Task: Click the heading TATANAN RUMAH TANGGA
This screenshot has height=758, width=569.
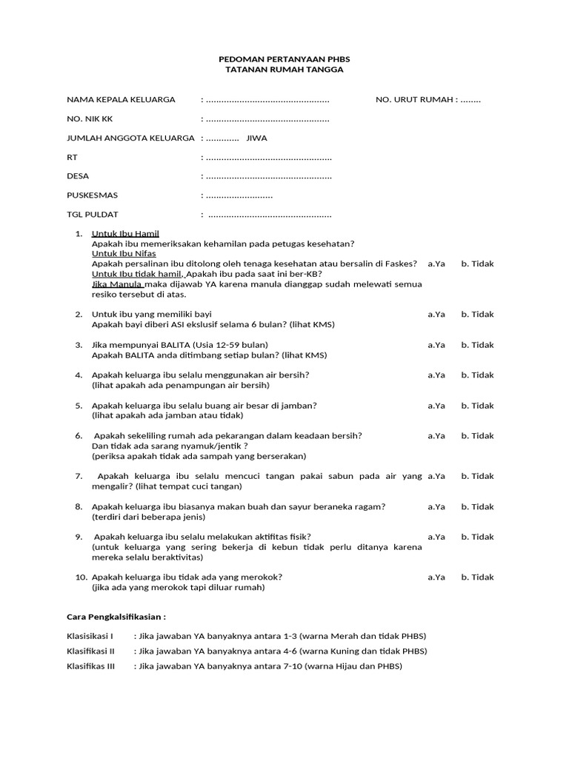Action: (284, 69)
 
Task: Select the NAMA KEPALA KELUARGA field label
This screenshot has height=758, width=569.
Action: (121, 99)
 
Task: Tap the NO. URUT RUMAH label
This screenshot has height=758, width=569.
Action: (416, 99)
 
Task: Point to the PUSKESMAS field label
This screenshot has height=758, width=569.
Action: (92, 195)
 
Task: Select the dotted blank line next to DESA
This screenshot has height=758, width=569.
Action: (268, 176)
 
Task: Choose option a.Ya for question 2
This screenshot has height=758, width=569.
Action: (436, 314)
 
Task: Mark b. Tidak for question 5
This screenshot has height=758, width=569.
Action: (477, 405)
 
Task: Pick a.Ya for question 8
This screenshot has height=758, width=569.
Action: (436, 506)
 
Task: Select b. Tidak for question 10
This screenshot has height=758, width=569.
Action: (477, 577)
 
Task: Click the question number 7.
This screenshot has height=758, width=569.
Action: (79, 476)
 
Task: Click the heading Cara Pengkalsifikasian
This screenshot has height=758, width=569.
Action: (116, 616)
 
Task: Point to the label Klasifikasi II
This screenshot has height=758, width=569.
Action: (90, 651)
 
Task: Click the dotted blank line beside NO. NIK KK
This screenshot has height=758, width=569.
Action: (267, 118)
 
